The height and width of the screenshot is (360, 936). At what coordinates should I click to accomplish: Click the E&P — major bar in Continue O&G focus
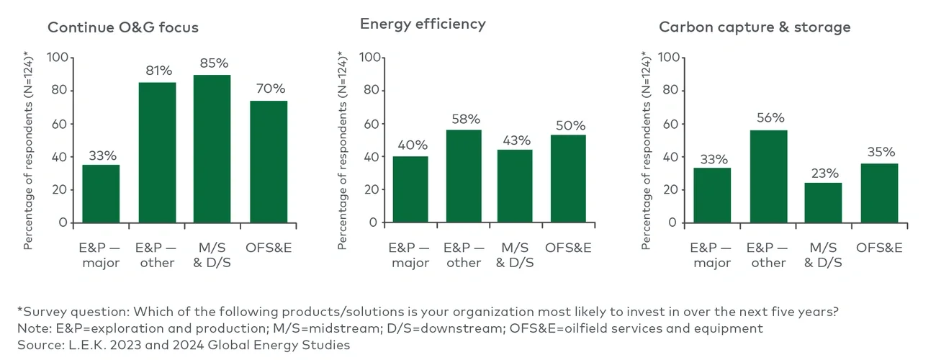tap(101, 194)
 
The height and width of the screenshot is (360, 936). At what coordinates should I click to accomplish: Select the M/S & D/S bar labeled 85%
tap(212, 148)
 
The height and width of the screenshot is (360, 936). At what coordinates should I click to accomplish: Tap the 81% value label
tap(157, 71)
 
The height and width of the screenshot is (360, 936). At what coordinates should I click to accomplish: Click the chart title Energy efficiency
tap(423, 24)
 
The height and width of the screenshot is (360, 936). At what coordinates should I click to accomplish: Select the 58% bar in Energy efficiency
tap(463, 176)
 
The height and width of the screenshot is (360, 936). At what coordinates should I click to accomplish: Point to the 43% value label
tap(514, 140)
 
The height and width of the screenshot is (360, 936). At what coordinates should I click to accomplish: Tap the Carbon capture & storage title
tap(755, 27)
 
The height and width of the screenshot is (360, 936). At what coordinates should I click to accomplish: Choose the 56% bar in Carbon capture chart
tap(768, 176)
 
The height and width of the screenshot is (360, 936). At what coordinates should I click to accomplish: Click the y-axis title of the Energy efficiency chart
tap(342, 150)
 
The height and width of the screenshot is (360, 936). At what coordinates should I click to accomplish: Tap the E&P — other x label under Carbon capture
tap(768, 255)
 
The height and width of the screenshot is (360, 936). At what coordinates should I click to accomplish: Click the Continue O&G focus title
tap(122, 28)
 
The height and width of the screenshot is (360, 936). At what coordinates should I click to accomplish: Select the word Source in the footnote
tap(37, 344)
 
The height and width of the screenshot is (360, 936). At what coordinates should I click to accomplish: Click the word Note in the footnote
tap(32, 328)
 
